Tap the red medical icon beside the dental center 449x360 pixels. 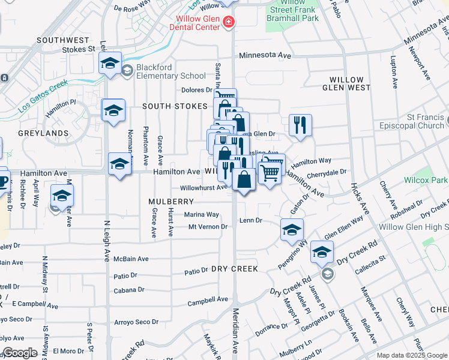(x=228, y=23)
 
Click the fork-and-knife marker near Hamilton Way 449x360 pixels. (x=298, y=125)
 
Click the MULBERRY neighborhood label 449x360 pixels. (x=171, y=202)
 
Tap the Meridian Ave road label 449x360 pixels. (x=235, y=339)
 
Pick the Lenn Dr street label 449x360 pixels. (x=251, y=220)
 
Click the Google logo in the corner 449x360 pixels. (x=20, y=353)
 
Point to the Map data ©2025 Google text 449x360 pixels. (x=412, y=355)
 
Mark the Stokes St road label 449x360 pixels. (x=79, y=49)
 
